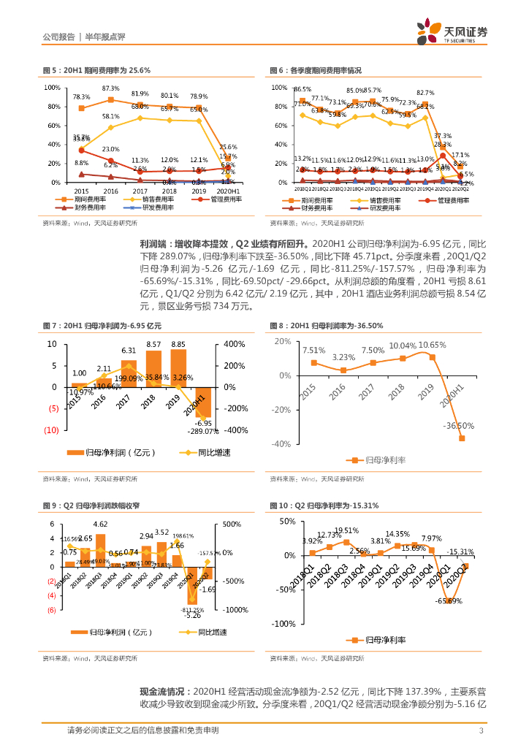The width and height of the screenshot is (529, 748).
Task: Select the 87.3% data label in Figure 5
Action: [110, 88]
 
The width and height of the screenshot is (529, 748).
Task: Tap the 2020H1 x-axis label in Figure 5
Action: [227, 190]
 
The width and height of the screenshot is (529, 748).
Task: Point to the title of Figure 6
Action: [315, 70]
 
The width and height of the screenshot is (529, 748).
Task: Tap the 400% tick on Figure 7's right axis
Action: [234, 344]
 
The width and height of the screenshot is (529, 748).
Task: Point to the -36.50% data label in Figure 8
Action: [458, 426]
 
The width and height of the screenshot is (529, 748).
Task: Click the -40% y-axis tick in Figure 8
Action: [282, 443]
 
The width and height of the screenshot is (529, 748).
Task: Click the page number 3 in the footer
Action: [481, 730]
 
